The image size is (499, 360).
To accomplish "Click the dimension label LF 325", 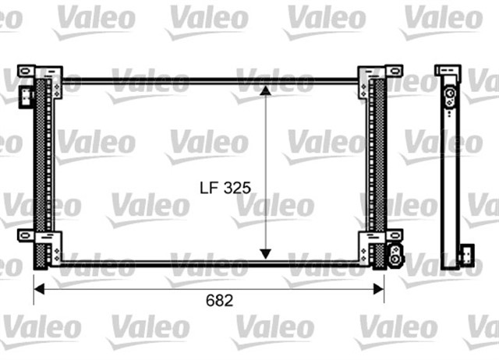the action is coord(225,188).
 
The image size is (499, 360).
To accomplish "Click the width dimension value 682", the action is coord(220,301).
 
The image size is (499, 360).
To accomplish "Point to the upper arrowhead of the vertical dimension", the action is coord(265,90).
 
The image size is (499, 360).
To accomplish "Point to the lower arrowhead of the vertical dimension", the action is coord(265,254).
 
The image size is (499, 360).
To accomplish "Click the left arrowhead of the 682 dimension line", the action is coord(39,289).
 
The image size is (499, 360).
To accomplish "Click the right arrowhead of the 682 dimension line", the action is coord(379,289).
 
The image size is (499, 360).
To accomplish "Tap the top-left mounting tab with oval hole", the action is coord(26,71).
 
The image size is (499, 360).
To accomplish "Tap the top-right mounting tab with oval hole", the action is coord(395,71).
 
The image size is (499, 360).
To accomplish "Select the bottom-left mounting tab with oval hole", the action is coord(26,235).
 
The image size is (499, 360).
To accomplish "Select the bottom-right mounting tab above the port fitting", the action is coord(395,235).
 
